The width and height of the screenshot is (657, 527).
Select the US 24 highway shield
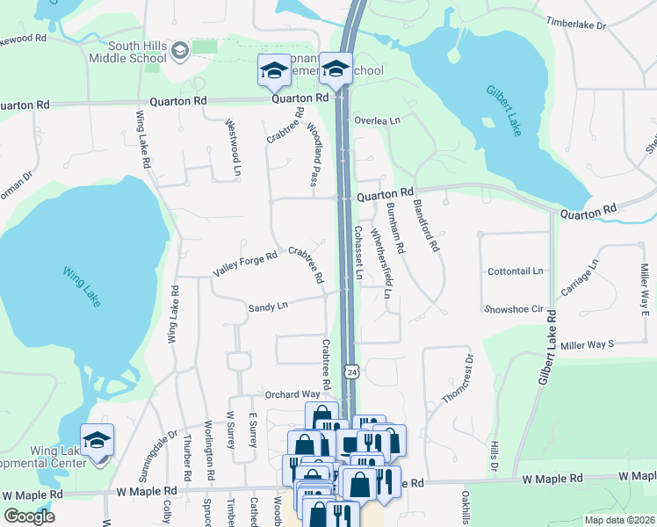[x=351, y=372]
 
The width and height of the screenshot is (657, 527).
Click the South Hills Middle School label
[x=127, y=52]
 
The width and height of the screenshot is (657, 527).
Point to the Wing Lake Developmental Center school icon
[x=97, y=440]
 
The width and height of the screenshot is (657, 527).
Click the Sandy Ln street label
[x=268, y=307]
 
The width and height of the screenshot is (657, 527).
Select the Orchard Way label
[x=293, y=394]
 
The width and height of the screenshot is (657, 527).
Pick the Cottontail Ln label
[x=516, y=271]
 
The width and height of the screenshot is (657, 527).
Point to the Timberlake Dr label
[x=576, y=25]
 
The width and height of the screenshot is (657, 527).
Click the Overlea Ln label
[x=378, y=120]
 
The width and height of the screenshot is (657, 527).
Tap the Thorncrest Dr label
[x=458, y=379]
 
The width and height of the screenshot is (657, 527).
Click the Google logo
[x=30, y=516]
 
